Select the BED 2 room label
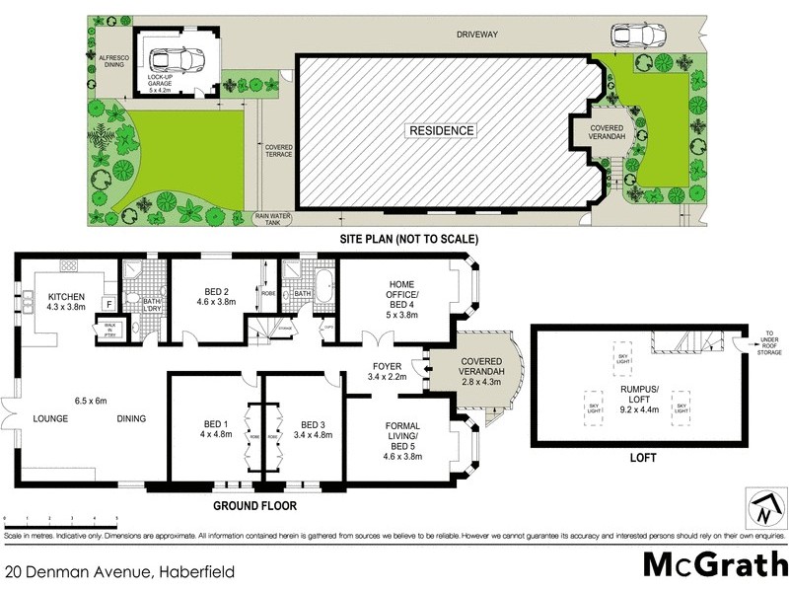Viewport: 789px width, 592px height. coord(217,295)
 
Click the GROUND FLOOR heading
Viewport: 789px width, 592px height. coord(255,506)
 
